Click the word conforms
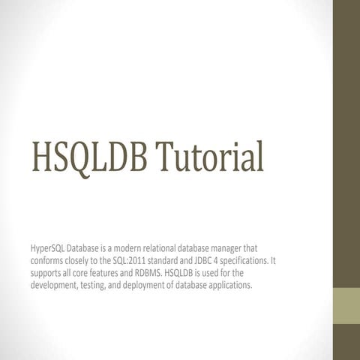[x=48, y=260]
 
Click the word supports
[x=47, y=273]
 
